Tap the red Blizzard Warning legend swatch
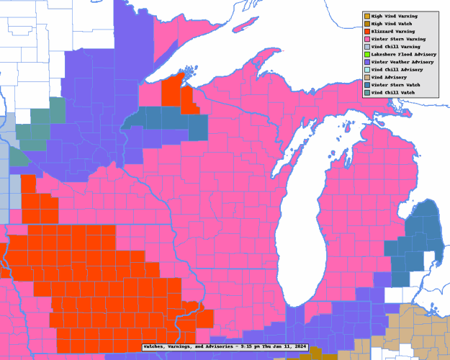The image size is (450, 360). pos(367,31)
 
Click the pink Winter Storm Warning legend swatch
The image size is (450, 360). pos(367,39)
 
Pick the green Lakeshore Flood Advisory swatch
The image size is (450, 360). pos(367,54)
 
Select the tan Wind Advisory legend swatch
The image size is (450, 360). pos(367,77)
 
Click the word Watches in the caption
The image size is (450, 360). pos(156,347)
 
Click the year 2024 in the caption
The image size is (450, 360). pos(298,347)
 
